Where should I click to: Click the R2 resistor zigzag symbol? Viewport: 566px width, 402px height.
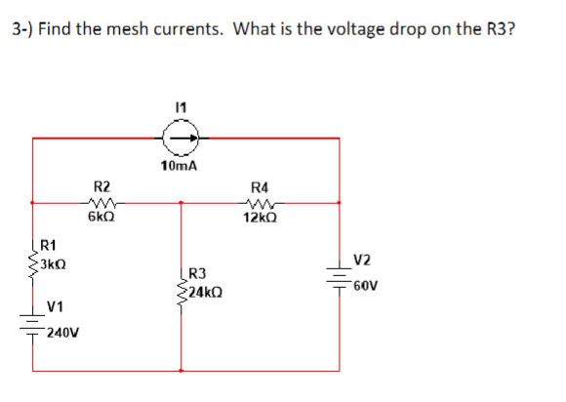click(101, 203)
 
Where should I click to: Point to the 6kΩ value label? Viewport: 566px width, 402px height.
click(101, 217)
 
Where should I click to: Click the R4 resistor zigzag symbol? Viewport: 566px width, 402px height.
click(260, 203)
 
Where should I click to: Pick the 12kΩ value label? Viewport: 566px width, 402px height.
click(260, 217)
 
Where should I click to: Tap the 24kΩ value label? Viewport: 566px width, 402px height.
click(206, 294)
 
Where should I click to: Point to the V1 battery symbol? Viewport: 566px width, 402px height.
click(34, 327)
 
